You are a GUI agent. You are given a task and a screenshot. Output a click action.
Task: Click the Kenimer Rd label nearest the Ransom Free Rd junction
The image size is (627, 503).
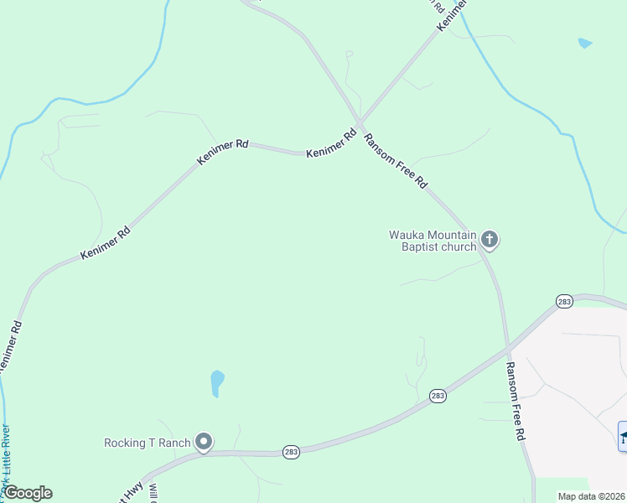point(332,144)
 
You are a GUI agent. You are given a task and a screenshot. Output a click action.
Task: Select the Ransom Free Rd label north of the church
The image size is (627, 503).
point(396,159)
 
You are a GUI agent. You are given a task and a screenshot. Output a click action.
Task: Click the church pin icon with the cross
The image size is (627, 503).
point(490,241)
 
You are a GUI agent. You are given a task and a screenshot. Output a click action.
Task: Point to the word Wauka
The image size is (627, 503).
point(408,235)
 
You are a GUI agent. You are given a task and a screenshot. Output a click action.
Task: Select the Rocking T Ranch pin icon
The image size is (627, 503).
point(203,442)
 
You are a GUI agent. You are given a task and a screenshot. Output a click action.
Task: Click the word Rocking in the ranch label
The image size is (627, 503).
point(126,443)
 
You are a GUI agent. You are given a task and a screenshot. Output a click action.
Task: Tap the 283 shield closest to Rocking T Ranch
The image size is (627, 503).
point(290,450)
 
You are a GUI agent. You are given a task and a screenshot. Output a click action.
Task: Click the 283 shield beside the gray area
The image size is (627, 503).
point(564,301)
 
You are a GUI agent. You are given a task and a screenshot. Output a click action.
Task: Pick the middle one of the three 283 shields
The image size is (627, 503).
point(438,396)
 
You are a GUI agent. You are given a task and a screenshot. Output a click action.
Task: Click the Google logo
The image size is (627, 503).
point(28,493)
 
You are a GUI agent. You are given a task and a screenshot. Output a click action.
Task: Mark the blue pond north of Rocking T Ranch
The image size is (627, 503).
point(217,383)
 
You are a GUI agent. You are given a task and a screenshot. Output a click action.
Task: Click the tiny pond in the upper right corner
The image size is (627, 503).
point(584,43)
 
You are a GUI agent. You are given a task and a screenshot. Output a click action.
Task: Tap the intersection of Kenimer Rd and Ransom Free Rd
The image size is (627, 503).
point(359,125)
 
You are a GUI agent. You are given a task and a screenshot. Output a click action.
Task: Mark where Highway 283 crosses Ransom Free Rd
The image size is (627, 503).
point(508,346)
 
